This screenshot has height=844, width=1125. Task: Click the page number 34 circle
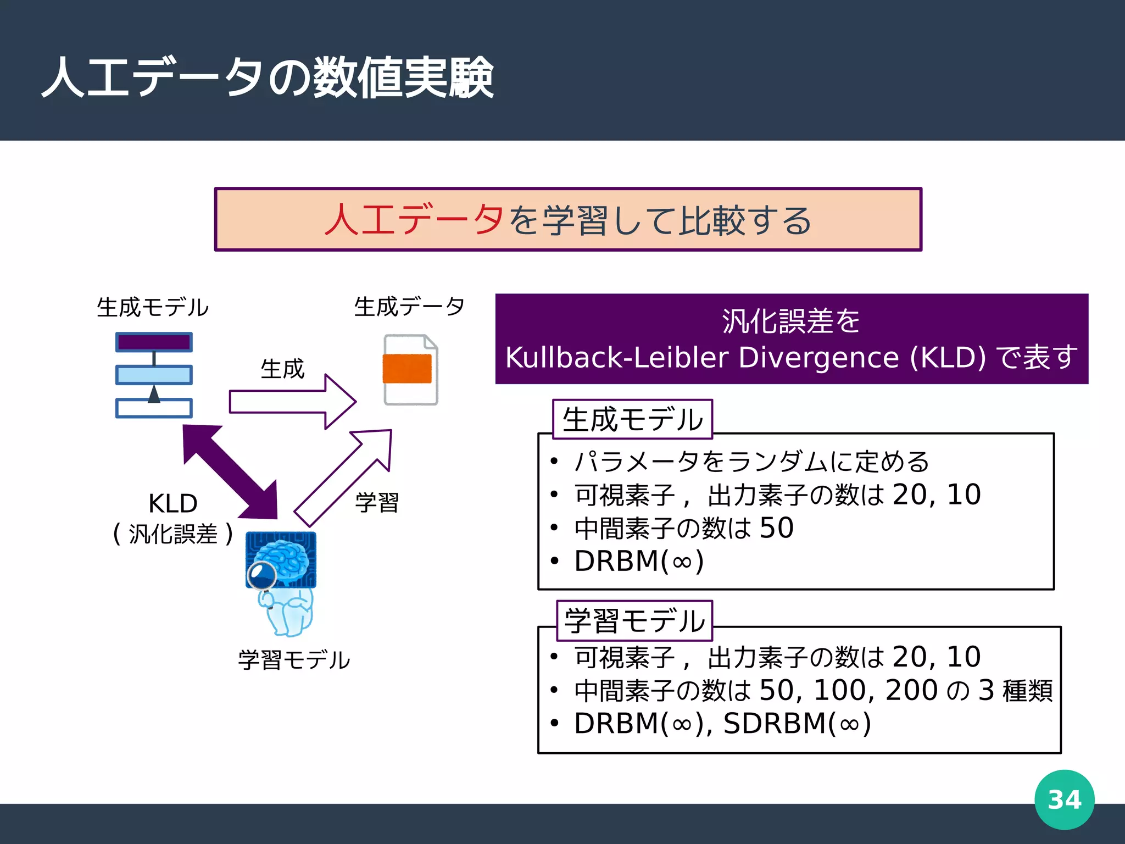point(1064,799)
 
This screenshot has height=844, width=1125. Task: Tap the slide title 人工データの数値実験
point(268,78)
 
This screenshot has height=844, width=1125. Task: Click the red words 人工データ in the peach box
point(414,220)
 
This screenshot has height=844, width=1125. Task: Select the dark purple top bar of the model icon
point(154,342)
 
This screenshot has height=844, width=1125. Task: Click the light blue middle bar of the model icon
point(154,375)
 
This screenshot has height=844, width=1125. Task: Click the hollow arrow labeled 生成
point(291,402)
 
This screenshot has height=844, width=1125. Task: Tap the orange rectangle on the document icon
point(407,369)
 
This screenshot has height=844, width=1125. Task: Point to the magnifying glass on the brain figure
point(261,575)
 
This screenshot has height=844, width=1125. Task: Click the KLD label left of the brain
point(172,503)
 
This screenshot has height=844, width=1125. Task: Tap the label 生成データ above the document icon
point(409,307)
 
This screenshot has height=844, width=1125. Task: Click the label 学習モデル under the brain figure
point(294,660)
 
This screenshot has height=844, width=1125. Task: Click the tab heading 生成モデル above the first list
point(632,420)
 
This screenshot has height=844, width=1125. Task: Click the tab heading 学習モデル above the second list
point(634,621)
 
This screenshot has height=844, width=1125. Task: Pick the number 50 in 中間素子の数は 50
point(776,528)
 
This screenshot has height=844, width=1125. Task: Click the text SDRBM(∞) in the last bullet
point(797,724)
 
